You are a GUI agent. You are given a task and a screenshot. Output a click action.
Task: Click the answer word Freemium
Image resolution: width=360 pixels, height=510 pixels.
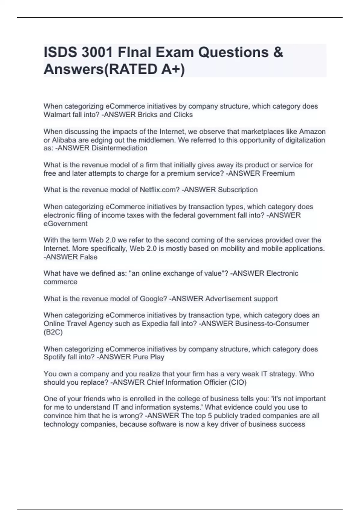(278, 173)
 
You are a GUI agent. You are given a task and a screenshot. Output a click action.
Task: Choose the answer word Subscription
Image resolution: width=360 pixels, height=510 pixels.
(238, 190)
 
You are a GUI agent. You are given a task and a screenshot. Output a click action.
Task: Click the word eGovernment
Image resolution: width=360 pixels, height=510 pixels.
(65, 223)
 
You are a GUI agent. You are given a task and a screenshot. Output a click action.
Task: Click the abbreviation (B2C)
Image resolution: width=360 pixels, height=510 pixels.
(53, 332)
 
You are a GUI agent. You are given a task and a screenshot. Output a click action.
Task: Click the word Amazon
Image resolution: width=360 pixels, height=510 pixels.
(312, 132)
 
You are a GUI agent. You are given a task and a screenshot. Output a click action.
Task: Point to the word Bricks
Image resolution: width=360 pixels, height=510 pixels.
(147, 115)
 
